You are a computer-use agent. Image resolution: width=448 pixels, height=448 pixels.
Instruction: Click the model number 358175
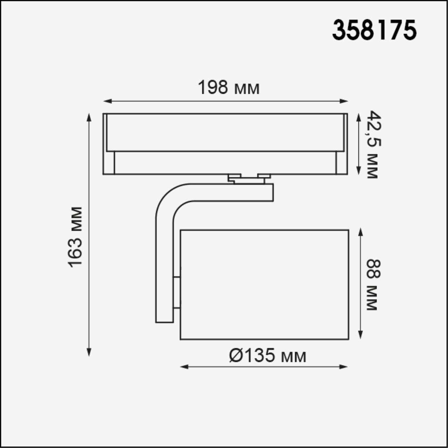[x=374, y=30]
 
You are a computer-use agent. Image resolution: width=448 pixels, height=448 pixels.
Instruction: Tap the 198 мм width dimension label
[x=229, y=87]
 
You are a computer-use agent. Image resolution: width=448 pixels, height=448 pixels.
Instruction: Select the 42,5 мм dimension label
[x=372, y=145]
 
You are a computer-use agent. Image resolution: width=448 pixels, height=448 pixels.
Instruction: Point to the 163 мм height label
[x=75, y=237]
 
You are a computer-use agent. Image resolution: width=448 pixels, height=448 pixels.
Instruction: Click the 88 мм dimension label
[x=372, y=285]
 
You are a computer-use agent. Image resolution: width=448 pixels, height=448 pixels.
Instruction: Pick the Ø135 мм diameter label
[x=267, y=356]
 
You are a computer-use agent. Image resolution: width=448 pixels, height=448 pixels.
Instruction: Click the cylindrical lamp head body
[x=264, y=284]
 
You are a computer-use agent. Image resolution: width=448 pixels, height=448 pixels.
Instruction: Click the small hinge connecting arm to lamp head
[x=177, y=293]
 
